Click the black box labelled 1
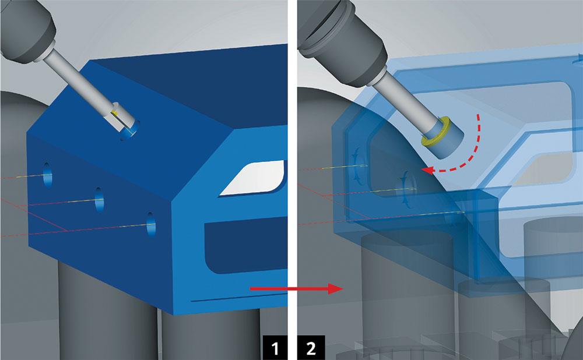[x=275, y=348]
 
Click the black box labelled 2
[x=311, y=348]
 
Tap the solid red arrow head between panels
[x=335, y=288]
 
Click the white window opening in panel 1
[x=253, y=178]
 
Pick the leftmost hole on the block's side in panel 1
[x=47, y=174]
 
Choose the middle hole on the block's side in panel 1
[x=99, y=199]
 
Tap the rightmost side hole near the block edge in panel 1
[x=150, y=224]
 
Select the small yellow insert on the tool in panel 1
[x=115, y=112]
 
